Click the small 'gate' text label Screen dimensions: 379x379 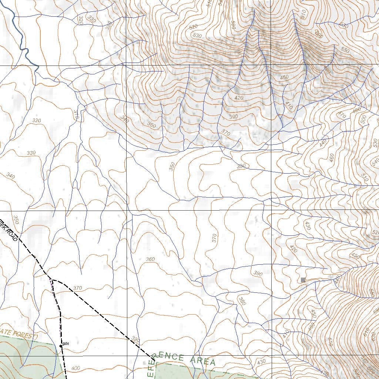click(x=66, y=343)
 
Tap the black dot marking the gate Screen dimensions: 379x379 click(x=61, y=346)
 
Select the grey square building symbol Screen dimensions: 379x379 click(x=303, y=280)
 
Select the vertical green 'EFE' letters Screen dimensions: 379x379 click(x=152, y=368)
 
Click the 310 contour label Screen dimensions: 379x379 click(x=76, y=114)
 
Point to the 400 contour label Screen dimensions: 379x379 click(x=75, y=368)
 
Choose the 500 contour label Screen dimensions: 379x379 click(x=363, y=119)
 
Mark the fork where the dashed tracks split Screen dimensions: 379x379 click(x=52, y=280)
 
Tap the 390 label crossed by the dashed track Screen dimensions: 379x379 click(x=135, y=340)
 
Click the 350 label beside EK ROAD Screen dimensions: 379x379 click(x=16, y=219)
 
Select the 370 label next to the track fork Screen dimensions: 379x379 click(x=77, y=288)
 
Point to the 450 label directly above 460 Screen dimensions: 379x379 click(x=313, y=313)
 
